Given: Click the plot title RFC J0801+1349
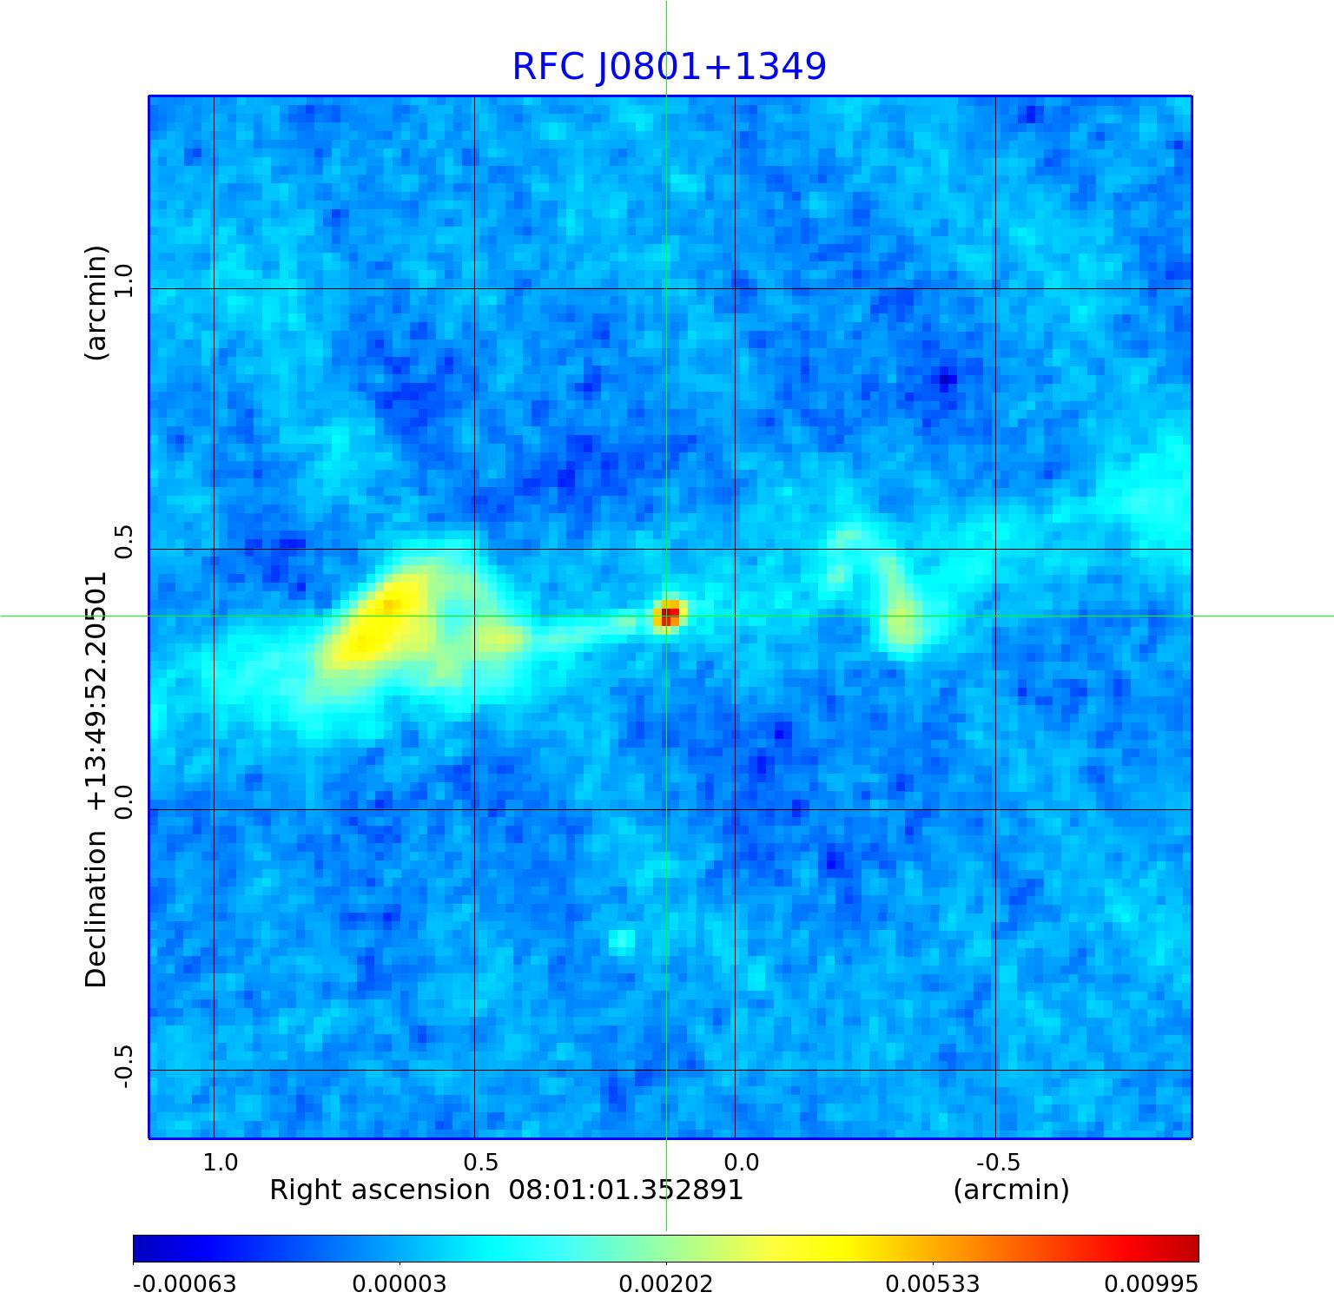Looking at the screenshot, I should (669, 67).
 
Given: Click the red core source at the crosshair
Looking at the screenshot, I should (669, 615).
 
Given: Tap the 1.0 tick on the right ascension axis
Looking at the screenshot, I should (220, 1162).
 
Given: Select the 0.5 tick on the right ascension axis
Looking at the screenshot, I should (480, 1162).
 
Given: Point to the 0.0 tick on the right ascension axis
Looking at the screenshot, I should (741, 1162).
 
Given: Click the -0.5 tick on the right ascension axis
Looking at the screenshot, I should (998, 1162).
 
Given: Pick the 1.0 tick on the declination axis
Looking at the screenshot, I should (122, 281).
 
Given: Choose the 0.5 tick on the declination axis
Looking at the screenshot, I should (122, 542).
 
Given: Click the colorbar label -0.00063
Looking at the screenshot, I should (184, 1284).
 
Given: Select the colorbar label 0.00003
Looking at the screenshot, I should (400, 1284).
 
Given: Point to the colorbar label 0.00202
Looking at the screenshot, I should (666, 1284).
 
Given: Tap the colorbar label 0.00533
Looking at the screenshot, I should (933, 1284).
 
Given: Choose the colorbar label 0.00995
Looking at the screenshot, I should (1151, 1284).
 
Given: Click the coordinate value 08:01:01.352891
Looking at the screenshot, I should (626, 1190).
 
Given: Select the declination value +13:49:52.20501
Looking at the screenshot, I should (96, 691).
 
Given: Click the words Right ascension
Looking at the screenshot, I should (380, 1190).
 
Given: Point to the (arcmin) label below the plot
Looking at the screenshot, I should (1011, 1190).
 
